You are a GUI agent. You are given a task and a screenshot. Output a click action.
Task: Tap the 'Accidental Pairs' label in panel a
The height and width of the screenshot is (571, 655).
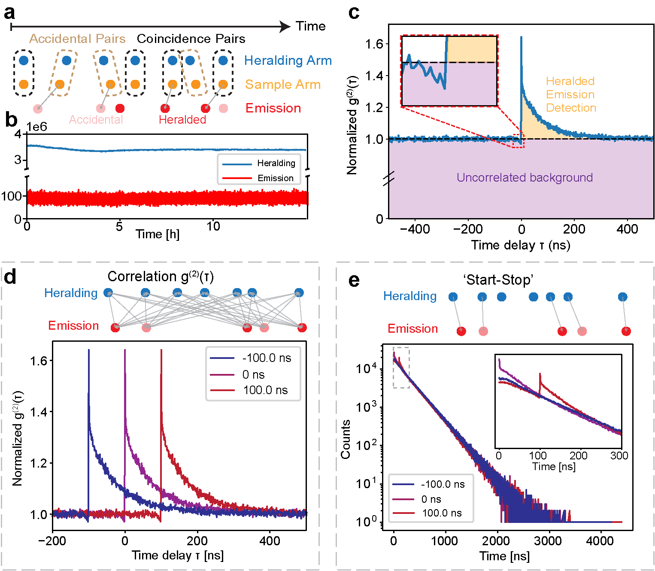[x=77, y=39]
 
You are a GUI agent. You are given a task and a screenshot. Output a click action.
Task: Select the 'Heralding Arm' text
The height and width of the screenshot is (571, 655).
[x=288, y=61]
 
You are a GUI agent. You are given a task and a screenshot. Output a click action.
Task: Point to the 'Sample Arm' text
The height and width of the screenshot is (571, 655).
[x=282, y=85]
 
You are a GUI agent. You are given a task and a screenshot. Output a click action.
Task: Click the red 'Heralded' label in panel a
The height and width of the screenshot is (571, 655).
[x=182, y=120]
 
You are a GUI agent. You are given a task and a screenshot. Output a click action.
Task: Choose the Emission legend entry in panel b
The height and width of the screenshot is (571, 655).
[x=275, y=178]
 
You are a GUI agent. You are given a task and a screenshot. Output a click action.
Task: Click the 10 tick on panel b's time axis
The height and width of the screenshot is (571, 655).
[x=213, y=227]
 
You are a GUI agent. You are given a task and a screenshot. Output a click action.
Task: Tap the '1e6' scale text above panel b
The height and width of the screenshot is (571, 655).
[x=36, y=127]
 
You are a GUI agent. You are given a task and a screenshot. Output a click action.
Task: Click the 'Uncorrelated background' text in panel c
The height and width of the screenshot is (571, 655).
[x=525, y=178]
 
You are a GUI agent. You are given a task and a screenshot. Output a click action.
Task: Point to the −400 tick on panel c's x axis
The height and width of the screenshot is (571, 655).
[x=415, y=229]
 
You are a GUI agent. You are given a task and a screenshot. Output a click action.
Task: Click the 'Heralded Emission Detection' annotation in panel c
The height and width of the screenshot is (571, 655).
[x=570, y=94]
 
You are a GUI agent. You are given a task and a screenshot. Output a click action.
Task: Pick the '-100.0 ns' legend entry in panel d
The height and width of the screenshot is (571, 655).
[x=267, y=358]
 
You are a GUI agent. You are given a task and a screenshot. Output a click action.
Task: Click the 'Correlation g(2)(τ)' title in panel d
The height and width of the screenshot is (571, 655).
[x=161, y=276]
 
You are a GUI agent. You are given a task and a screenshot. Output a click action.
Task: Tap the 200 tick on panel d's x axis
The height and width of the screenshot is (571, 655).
[x=197, y=541]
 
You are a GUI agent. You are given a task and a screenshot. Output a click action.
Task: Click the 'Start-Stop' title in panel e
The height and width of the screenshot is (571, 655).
[x=498, y=280]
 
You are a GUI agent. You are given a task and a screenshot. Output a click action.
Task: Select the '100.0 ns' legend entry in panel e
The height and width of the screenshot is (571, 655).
[x=442, y=513]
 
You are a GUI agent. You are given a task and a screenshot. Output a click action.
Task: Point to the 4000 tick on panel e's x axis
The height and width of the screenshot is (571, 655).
[x=600, y=541]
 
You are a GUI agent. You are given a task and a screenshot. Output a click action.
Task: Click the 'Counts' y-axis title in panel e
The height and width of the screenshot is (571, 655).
[x=346, y=440]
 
